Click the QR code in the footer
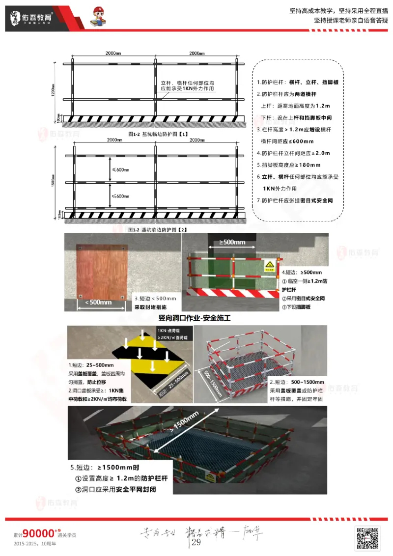pos(367,537)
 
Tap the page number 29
pos(196,542)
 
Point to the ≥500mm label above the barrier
pos(232,242)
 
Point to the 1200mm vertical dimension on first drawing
pos(53,90)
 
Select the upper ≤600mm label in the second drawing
pos(120,170)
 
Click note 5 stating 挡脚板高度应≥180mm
pos(289,165)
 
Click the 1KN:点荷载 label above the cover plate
pos(168,332)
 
